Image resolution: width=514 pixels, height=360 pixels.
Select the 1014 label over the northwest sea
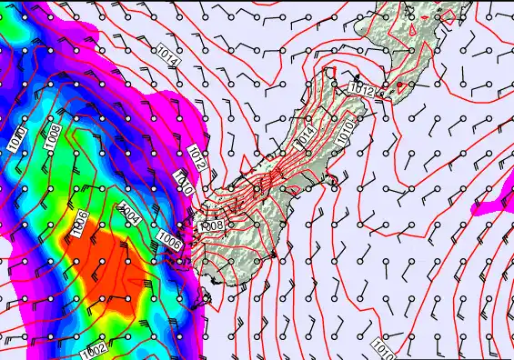[167, 54]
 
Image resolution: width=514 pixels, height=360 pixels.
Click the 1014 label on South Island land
[304, 135]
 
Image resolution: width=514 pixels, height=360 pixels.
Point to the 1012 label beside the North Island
[360, 89]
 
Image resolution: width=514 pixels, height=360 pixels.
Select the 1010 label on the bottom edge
[381, 346]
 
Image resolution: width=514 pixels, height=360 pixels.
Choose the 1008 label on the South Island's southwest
[211, 224]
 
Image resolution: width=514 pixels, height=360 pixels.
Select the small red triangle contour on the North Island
[410, 29]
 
